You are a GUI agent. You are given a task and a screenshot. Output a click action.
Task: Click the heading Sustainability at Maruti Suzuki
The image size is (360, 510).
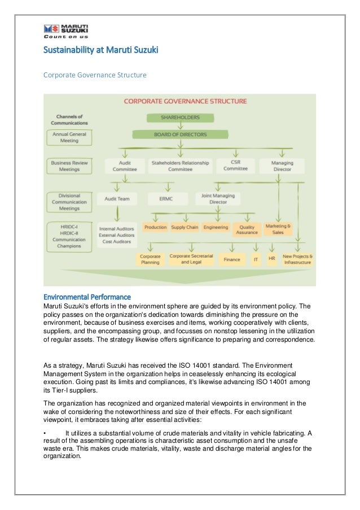(101, 51)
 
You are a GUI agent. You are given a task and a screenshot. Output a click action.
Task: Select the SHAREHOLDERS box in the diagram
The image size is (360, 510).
(181, 118)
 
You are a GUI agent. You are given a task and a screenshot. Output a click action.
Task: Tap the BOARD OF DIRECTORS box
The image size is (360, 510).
(181, 134)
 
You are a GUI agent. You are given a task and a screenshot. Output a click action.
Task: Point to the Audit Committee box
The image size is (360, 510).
(125, 165)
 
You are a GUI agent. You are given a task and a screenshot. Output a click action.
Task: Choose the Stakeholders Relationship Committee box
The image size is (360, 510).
(180, 165)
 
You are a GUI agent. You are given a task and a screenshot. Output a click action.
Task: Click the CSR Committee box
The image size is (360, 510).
(235, 165)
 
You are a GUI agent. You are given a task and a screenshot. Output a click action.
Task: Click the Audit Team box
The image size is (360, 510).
(117, 199)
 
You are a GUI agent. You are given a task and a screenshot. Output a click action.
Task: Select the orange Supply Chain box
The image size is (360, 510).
(185, 228)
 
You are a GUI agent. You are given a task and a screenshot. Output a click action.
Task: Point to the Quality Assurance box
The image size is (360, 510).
(247, 230)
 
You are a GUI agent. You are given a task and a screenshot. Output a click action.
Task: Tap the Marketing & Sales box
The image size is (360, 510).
(278, 229)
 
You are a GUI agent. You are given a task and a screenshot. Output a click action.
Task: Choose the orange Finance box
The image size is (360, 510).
(232, 260)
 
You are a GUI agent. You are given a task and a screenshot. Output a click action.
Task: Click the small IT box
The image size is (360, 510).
(256, 260)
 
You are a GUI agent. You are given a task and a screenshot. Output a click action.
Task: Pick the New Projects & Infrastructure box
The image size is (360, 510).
(298, 259)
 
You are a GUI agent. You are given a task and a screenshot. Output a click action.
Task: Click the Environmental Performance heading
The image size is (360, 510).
(87, 297)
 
